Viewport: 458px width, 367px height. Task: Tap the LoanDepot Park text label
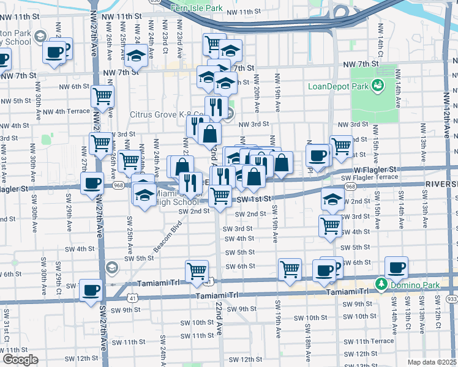pos(338,86)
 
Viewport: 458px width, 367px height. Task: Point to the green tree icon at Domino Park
pos(381,284)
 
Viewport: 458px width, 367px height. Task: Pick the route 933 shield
pos(451,298)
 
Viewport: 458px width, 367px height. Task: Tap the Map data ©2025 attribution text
pos(431,362)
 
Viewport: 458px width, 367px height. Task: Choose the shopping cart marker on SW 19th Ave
pos(290,269)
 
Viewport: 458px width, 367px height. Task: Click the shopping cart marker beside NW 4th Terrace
pos(102,96)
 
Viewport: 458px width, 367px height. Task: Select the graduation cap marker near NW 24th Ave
pos(136,56)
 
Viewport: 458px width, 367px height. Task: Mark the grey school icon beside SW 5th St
pos(111,267)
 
